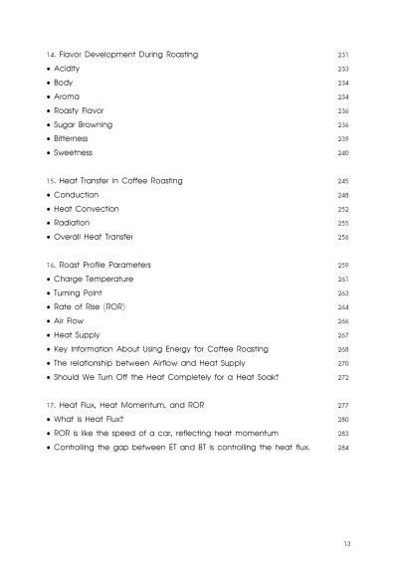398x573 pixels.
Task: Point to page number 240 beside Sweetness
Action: (x=344, y=154)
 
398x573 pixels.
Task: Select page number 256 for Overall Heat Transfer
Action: (x=344, y=239)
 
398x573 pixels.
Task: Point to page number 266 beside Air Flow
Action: (x=344, y=323)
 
